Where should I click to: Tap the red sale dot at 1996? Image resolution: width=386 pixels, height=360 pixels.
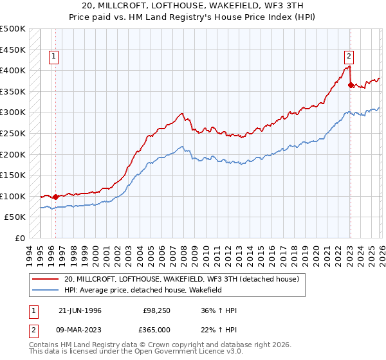(x=55, y=197)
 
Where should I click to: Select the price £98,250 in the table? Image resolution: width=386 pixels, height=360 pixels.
(x=156, y=310)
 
